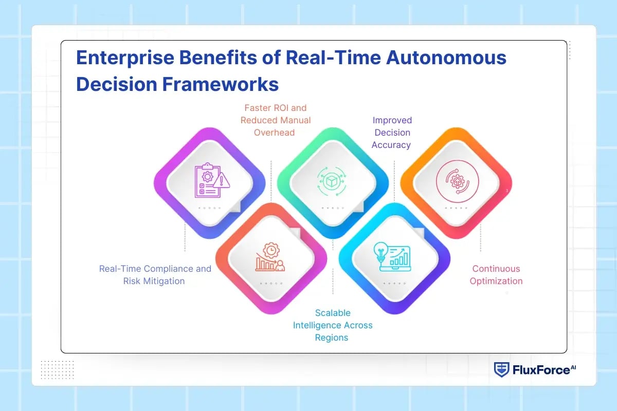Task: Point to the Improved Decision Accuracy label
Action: click(392, 133)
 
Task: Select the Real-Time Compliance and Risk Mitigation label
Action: click(155, 275)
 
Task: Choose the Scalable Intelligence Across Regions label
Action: click(333, 325)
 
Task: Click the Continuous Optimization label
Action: click(496, 275)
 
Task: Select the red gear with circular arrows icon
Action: click(457, 181)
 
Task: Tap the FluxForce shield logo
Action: click(501, 369)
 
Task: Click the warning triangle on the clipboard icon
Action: click(224, 181)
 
